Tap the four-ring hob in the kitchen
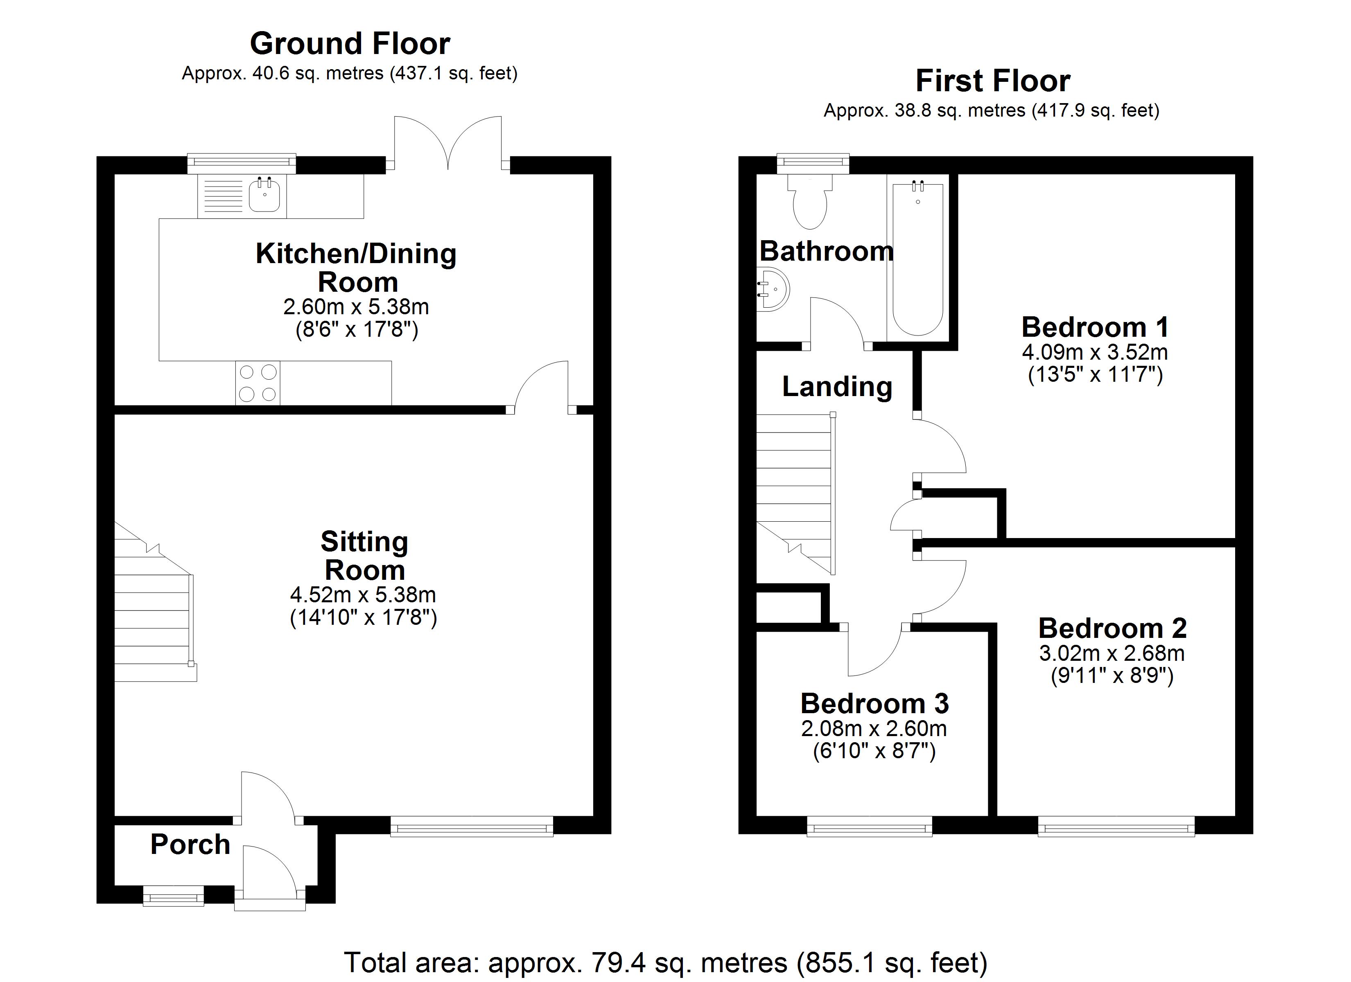point(258,383)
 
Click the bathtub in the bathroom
point(918,259)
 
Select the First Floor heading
point(992,80)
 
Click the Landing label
point(837,387)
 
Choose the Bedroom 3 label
point(874,703)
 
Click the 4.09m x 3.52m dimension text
point(1095,352)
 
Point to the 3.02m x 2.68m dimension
point(1112,653)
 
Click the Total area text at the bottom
point(666,962)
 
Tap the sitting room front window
point(472,827)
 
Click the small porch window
point(173,896)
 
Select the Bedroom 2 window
point(1116,827)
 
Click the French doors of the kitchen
point(447,143)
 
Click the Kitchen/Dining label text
point(356,254)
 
